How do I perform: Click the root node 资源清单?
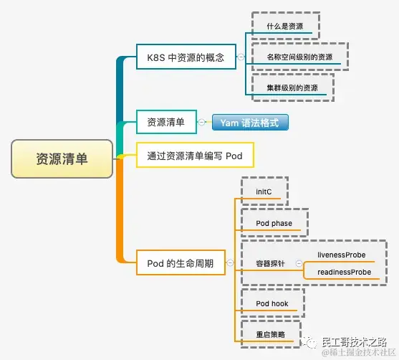pyautogui.click(x=62, y=158)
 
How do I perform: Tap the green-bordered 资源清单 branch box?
pyautogui.click(x=165, y=123)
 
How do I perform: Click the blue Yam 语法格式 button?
pyautogui.click(x=249, y=123)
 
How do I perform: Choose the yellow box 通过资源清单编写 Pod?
pyautogui.click(x=195, y=155)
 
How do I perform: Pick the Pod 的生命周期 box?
pyautogui.click(x=181, y=263)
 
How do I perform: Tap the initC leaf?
pyautogui.click(x=264, y=192)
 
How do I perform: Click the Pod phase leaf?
pyautogui.click(x=274, y=223)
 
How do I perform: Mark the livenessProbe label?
pyautogui.click(x=341, y=255)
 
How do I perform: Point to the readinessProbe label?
pyautogui.click(x=343, y=273)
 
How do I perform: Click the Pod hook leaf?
pyautogui.click(x=272, y=303)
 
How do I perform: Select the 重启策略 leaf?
pyautogui.click(x=270, y=334)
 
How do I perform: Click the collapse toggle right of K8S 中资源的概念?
pyautogui.click(x=241, y=57)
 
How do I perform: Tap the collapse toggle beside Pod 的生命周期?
pyautogui.click(x=229, y=263)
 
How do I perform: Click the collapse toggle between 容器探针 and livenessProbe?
pyautogui.click(x=299, y=264)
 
